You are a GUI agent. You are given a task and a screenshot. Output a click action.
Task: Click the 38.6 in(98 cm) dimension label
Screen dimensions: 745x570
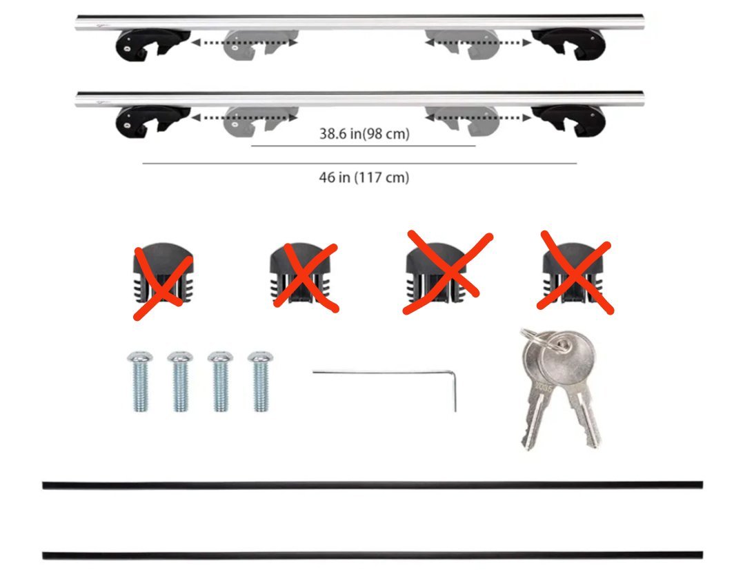click(x=364, y=134)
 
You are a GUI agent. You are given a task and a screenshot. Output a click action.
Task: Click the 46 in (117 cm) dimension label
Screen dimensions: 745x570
click(x=364, y=177)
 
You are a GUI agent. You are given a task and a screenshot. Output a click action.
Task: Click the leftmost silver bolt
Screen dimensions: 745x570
click(x=140, y=382)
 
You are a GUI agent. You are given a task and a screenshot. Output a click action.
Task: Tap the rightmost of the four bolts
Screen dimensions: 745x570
click(x=261, y=382)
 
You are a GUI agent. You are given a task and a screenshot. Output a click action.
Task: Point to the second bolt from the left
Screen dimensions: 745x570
click(x=180, y=382)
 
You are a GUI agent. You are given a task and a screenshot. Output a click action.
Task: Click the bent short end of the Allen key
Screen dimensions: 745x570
click(x=455, y=392)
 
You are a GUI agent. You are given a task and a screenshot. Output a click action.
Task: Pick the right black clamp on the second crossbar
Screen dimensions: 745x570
click(x=568, y=121)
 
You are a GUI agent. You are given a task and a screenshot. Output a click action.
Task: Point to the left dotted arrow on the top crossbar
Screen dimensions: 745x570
click(x=244, y=43)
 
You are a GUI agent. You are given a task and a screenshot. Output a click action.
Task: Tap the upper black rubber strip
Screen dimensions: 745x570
click(x=372, y=485)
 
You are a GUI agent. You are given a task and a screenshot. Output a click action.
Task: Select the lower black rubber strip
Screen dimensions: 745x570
click(x=372, y=556)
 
